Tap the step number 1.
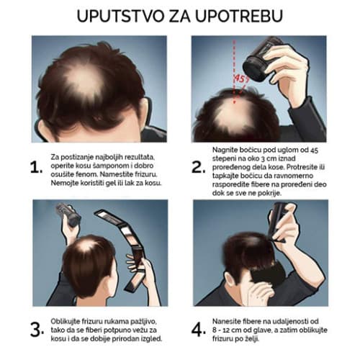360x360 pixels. [34, 168]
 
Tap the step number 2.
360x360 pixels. [197, 168]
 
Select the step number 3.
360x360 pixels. [34, 328]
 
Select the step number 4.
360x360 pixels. [197, 328]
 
